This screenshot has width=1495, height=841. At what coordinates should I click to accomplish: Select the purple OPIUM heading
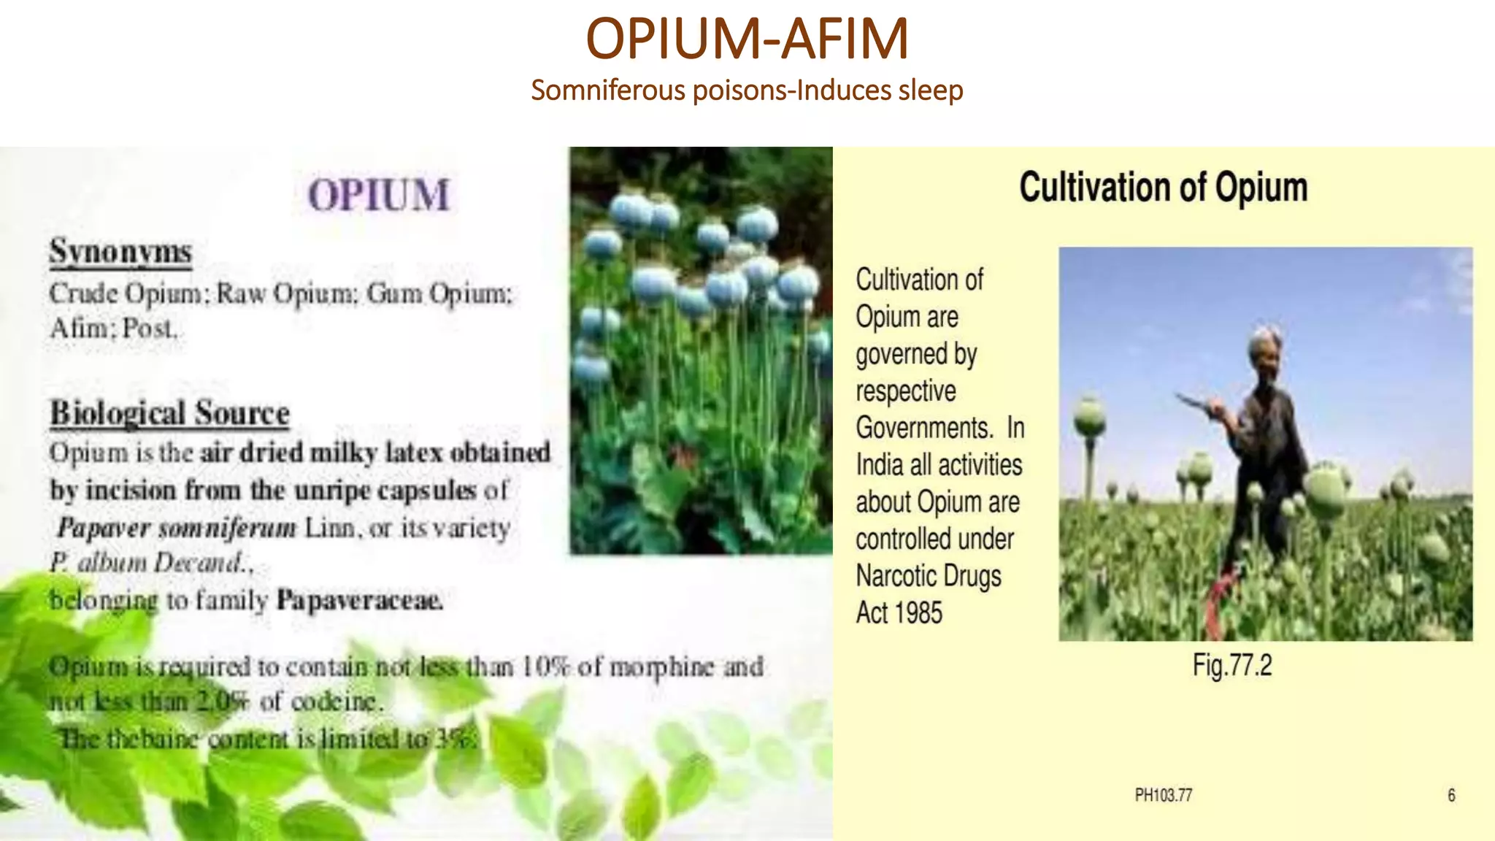click(378, 196)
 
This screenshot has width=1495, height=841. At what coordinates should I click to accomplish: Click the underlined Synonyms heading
click(120, 252)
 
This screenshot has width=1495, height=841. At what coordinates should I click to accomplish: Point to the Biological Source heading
click(169, 413)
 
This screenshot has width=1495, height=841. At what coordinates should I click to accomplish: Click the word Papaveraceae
click(359, 600)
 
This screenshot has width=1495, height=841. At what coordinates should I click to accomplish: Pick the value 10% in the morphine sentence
click(544, 667)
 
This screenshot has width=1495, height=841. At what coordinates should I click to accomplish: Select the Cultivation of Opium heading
click(1163, 188)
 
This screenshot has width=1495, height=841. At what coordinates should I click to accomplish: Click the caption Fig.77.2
click(1232, 665)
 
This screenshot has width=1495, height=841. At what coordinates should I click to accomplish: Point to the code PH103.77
click(1163, 795)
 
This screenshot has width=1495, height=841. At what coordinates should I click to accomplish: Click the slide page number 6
click(1451, 795)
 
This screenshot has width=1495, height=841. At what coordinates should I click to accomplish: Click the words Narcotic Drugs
click(929, 576)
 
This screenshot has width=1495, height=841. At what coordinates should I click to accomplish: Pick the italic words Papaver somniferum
click(177, 527)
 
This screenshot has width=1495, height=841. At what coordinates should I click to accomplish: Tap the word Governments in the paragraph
click(924, 428)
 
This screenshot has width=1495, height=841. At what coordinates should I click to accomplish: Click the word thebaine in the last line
click(152, 739)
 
